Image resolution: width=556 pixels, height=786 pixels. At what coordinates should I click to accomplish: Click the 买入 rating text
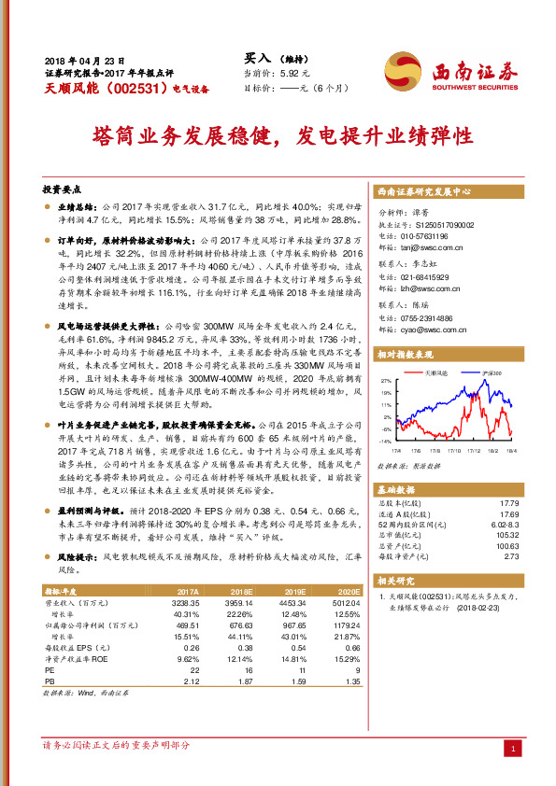(x=257, y=56)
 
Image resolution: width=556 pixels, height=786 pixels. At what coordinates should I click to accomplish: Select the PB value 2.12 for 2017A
(x=188, y=681)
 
